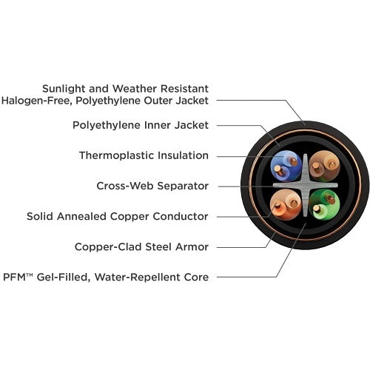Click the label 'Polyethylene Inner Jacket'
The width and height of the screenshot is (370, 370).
pos(141,125)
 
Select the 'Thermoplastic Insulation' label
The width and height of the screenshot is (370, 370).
pos(144,155)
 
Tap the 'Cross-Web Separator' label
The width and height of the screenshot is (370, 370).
pos(152,186)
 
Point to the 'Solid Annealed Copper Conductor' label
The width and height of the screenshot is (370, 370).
pos(118,216)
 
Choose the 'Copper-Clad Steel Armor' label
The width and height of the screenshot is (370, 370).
pos(141,246)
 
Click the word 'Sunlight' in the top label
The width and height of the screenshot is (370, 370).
pos(64,89)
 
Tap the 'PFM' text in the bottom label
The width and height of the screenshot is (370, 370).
pos(14,277)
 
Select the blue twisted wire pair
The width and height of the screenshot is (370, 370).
pos(286,166)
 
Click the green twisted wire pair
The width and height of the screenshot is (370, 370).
pos(324,205)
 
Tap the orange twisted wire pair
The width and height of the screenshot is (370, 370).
pos(286,205)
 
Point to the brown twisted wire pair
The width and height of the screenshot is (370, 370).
pos(324,166)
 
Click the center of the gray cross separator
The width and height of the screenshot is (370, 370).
pos(306,185)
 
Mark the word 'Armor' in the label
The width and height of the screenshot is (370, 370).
pos(192,246)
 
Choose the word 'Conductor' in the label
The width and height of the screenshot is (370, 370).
pos(181,216)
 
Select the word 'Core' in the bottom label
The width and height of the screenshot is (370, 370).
pos(196,277)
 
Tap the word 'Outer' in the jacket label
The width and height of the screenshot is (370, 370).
pos(158,101)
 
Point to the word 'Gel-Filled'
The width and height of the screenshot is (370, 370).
pos(62,277)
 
